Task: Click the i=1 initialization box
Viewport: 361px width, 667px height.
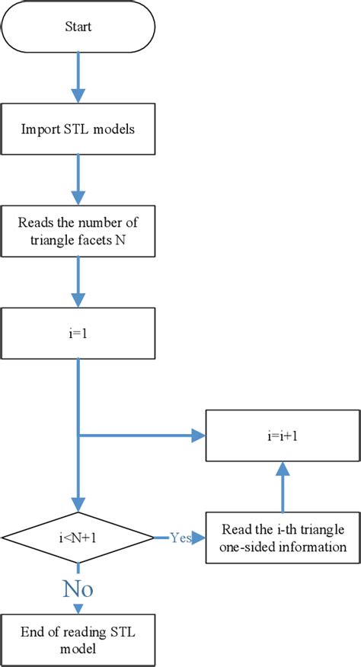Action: [78, 333]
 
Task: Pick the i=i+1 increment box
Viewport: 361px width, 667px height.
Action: [283, 436]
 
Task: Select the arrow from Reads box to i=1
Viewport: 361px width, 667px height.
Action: [78, 282]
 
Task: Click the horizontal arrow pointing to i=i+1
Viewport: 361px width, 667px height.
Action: [145, 436]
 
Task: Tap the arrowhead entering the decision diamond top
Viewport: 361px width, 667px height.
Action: [78, 505]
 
